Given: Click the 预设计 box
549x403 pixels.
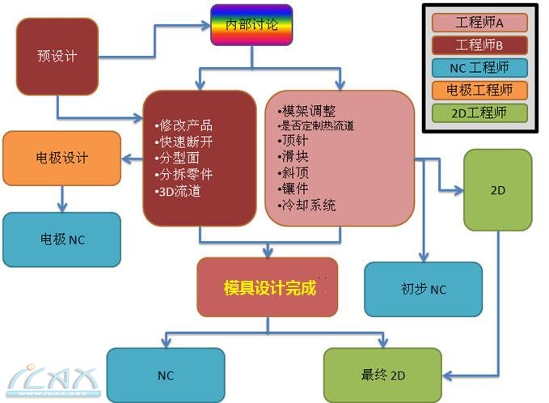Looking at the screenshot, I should tap(57, 56).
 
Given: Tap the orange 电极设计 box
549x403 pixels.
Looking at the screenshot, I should tap(61, 158).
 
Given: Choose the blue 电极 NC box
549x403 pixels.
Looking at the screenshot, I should tap(61, 240).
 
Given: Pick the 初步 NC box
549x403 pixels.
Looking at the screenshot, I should tap(423, 289).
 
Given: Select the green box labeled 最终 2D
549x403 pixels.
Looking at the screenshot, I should tap(382, 375).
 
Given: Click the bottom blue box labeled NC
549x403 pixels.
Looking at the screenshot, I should tap(165, 375).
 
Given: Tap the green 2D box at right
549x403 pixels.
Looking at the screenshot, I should tap(498, 191).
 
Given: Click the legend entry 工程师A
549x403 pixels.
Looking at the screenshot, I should tap(479, 22).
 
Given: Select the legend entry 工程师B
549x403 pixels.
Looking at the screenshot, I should tap(479, 45).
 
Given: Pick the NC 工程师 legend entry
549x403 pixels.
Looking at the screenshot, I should tap(479, 67).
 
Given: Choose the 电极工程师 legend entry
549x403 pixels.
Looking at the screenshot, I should tap(479, 90).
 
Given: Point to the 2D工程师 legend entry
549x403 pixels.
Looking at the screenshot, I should tap(479, 112).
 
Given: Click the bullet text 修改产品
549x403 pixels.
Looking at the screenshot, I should tap(185, 125).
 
